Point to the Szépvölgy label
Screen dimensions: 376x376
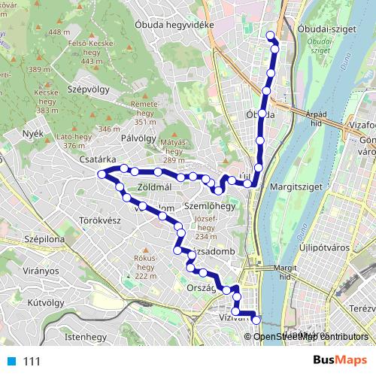point(88,89)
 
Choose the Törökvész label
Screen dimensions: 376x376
point(100,221)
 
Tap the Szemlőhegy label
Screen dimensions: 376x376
point(211,205)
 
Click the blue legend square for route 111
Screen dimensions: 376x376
point(10,361)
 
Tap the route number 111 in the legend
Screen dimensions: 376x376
point(31,361)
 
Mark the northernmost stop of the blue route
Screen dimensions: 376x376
point(271,35)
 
